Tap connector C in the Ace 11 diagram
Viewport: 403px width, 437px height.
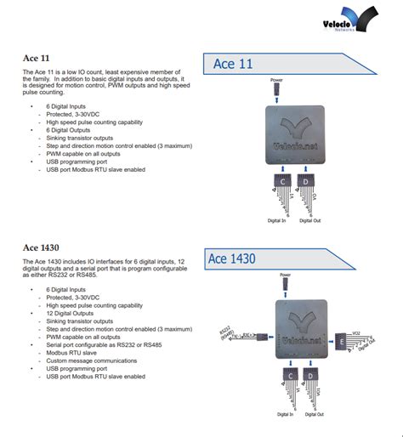point(281,180)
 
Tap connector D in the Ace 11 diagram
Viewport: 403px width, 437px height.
point(304,180)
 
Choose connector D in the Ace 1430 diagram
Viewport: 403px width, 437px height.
point(315,375)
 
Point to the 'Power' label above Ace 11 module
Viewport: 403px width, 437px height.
point(277,79)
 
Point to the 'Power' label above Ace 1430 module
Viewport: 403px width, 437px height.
point(285,275)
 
